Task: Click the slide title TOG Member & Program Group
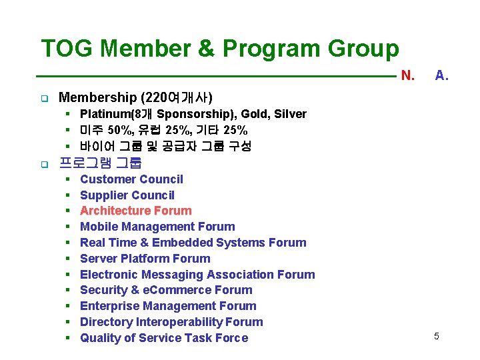[220, 49]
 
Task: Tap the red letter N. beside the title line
[407, 75]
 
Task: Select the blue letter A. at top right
[441, 75]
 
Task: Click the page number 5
[436, 336]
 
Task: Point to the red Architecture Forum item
[135, 211]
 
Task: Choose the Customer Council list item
[131, 179]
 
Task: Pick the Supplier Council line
[127, 195]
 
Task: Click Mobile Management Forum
[157, 227]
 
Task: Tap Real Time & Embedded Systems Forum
[193, 243]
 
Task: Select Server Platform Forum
[145, 259]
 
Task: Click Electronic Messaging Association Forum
[197, 275]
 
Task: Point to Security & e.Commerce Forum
[166, 290]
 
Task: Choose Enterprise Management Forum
[168, 306]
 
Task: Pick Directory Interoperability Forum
[171, 322]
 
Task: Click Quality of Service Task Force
[163, 338]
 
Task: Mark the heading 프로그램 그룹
[101, 162]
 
